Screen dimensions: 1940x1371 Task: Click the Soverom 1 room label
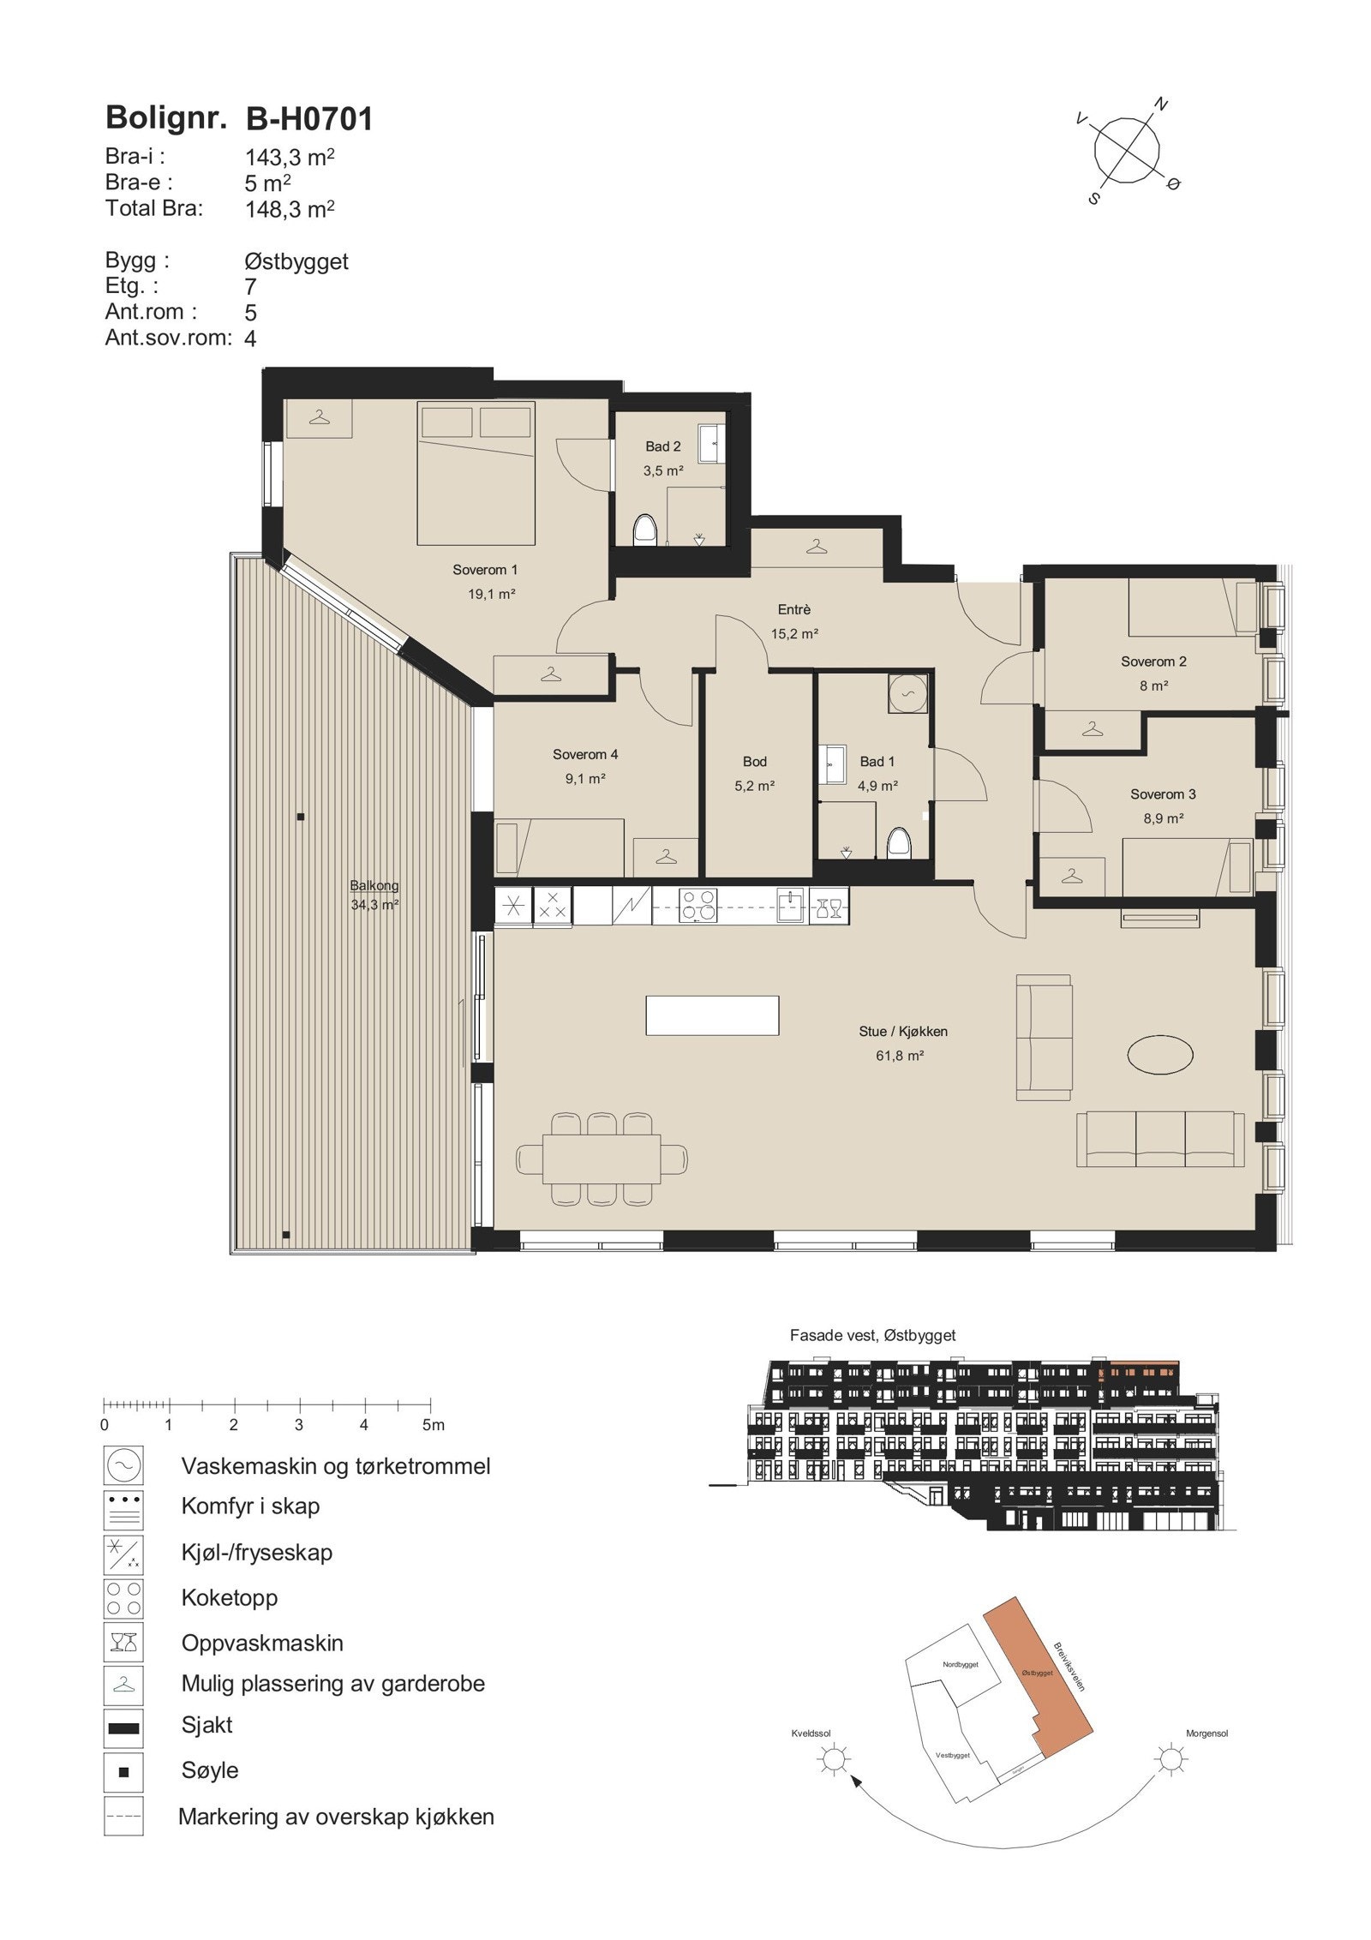click(484, 570)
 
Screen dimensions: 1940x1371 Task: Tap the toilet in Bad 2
click(644, 530)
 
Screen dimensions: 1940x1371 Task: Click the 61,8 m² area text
click(899, 1056)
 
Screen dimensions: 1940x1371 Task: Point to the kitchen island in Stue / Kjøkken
click(711, 1015)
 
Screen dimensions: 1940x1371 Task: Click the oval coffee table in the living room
click(1159, 1054)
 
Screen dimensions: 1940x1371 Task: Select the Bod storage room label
click(754, 761)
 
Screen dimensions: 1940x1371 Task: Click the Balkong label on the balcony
click(374, 885)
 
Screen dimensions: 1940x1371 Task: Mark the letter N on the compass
click(1161, 105)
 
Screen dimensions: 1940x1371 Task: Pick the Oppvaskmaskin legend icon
click(123, 1643)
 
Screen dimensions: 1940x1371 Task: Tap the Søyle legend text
click(210, 1770)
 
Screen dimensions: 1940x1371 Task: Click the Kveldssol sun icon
click(832, 1760)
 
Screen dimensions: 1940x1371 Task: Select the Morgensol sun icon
click(1170, 1760)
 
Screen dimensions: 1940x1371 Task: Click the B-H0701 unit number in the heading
click(309, 119)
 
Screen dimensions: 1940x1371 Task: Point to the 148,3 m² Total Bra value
click(289, 209)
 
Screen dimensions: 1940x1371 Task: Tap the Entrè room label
click(793, 609)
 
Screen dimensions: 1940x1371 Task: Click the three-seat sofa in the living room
click(1160, 1139)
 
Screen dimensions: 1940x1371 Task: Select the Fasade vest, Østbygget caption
click(872, 1335)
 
